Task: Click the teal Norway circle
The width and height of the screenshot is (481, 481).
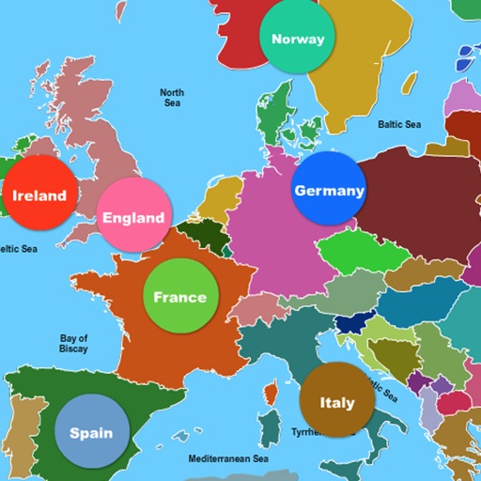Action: (x=298, y=39)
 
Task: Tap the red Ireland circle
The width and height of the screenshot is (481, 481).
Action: (x=39, y=195)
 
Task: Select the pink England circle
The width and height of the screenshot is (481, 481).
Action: (x=134, y=217)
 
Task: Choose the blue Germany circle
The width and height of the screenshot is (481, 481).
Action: (x=329, y=190)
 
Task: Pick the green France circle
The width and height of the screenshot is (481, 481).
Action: (x=180, y=297)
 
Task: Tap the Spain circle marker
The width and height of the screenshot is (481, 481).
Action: (x=91, y=433)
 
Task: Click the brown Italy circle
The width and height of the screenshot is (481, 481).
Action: (x=336, y=402)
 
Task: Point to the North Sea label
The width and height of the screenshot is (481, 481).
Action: (x=172, y=98)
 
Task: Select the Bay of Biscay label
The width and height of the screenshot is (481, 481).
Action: (x=73, y=343)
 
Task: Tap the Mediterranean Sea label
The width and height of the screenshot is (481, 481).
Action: (x=228, y=458)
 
